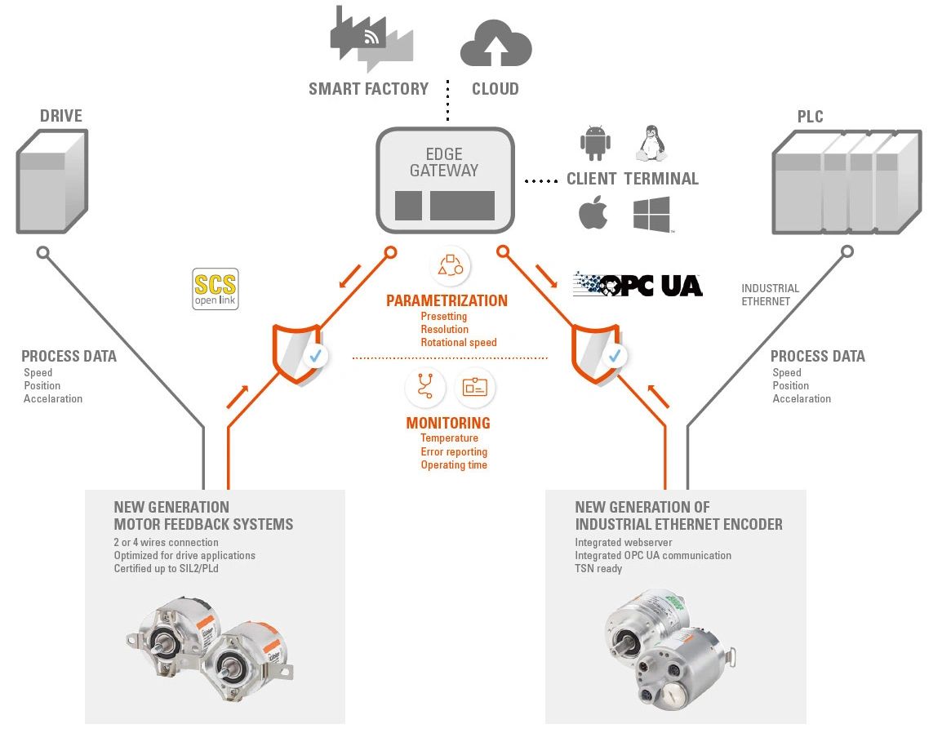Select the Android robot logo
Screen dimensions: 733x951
pyautogui.click(x=595, y=143)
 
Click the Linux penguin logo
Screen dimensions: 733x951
pyautogui.click(x=651, y=143)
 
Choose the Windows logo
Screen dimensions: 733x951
pyautogui.click(x=651, y=214)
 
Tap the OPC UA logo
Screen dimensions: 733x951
pyautogui.click(x=638, y=284)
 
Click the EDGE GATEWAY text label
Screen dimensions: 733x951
pyautogui.click(x=444, y=162)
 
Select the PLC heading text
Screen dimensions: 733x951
pyautogui.click(x=811, y=117)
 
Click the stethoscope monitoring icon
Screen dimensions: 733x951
pyautogui.click(x=424, y=387)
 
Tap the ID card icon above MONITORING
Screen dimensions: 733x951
pyautogui.click(x=474, y=387)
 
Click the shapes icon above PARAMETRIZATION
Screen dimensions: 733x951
pyautogui.click(x=450, y=265)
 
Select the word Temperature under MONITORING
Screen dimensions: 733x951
pyautogui.click(x=449, y=438)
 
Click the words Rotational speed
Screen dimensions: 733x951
pyautogui.click(x=458, y=342)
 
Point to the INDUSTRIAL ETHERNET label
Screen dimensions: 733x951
pyautogui.click(x=770, y=295)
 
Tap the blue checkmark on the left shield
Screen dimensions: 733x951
pyautogui.click(x=313, y=356)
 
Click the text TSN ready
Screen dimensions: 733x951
pyautogui.click(x=598, y=568)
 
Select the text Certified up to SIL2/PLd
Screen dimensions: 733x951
pyautogui.click(x=166, y=568)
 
